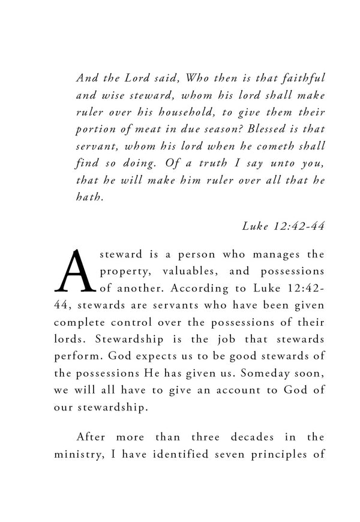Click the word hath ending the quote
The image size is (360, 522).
(91, 196)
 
